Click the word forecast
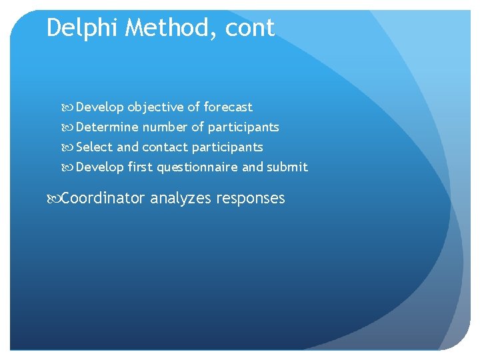[x=228, y=107]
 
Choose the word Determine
[x=107, y=127]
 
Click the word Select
[x=95, y=147]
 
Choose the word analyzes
[x=178, y=199]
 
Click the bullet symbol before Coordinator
[x=54, y=199]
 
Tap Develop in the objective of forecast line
[x=100, y=107]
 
